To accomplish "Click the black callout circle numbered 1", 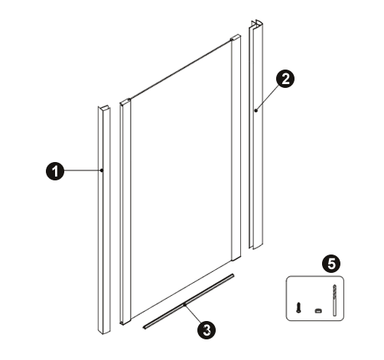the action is tap(55, 171).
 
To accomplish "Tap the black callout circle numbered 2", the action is tap(285, 79).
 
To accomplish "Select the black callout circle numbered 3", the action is tap(207, 330).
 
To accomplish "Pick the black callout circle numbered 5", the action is tap(331, 264).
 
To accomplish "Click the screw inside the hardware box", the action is tap(298, 307).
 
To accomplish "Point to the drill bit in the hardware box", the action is tap(334, 300).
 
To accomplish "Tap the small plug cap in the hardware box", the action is tap(318, 310).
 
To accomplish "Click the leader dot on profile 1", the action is tap(102, 170).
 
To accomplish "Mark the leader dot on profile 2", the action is tap(255, 111).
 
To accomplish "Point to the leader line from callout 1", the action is tap(83, 170).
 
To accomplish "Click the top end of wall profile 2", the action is tap(256, 24).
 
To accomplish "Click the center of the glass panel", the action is tap(181, 178).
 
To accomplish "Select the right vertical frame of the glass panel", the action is tap(236, 148).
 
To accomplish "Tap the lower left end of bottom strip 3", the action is tap(145, 326).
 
